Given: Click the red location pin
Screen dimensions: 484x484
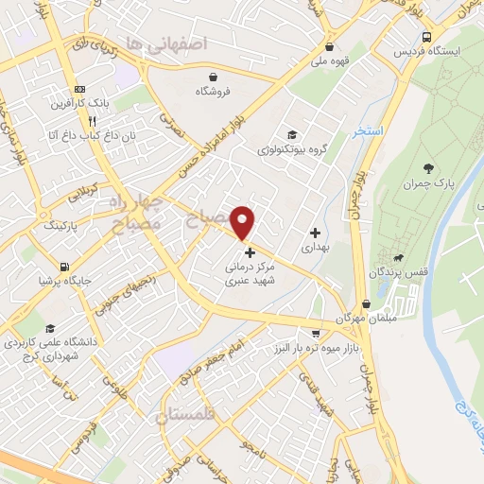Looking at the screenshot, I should pyautogui.click(x=244, y=221).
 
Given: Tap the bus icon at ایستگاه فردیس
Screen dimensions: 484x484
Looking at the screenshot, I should pyautogui.click(x=429, y=36).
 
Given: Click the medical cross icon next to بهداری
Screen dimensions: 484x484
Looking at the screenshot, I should pyautogui.click(x=314, y=232).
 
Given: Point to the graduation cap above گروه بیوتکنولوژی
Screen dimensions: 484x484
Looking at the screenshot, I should pyautogui.click(x=292, y=134).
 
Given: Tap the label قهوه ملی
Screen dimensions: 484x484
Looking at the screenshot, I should pyautogui.click(x=328, y=62).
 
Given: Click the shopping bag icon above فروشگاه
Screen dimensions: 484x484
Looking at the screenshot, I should pyautogui.click(x=214, y=77).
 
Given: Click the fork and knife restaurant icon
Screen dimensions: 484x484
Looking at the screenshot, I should pyautogui.click(x=92, y=121).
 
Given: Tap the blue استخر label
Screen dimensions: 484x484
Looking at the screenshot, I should pyautogui.click(x=368, y=131).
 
